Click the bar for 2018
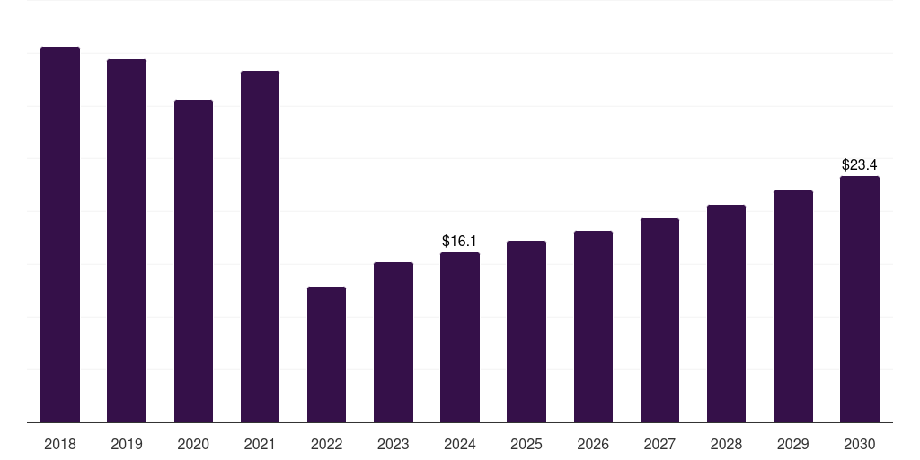[x=60, y=234]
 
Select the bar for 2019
[x=127, y=241]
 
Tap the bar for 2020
[x=193, y=261]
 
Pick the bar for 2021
[x=260, y=246]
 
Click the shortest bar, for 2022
[x=326, y=354]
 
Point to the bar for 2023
[x=394, y=342]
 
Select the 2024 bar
[x=460, y=337]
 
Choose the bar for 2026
[x=593, y=326]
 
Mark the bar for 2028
[x=726, y=314]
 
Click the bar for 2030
[x=860, y=299]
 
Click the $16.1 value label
[x=460, y=242]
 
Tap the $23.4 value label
[x=860, y=165]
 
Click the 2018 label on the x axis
[x=60, y=444]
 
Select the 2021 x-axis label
[x=260, y=444]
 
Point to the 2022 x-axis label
[x=326, y=444]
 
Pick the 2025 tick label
[x=526, y=444]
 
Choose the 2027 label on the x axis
[x=659, y=444]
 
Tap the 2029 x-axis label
[x=793, y=444]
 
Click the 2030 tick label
[x=860, y=444]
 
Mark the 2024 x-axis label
[x=460, y=444]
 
